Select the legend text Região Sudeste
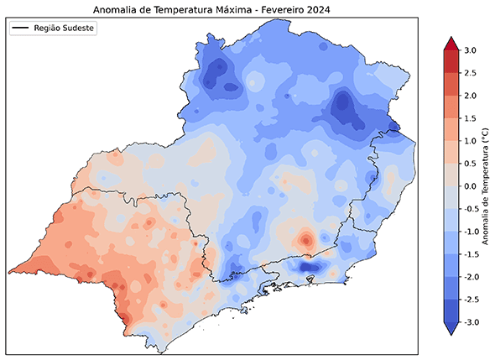(65, 28)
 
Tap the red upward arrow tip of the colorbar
(449, 43)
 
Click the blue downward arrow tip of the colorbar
(449, 330)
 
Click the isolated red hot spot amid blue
(306, 240)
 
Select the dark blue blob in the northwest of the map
(220, 71)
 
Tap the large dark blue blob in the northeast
(342, 107)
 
